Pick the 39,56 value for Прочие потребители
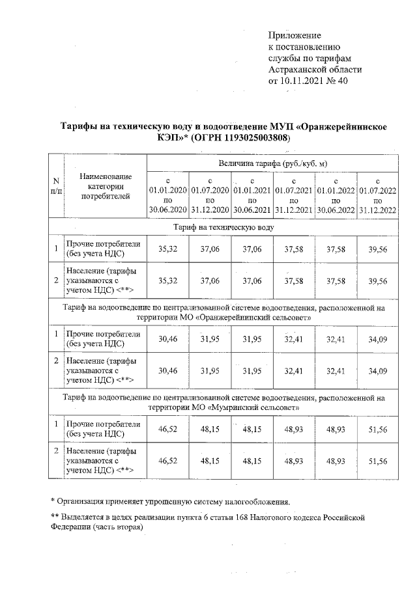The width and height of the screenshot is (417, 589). [x=378, y=249]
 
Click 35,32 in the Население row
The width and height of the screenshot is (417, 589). [x=167, y=281]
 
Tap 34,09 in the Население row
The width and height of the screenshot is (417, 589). [x=378, y=370]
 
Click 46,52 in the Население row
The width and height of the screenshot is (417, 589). [x=167, y=460]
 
